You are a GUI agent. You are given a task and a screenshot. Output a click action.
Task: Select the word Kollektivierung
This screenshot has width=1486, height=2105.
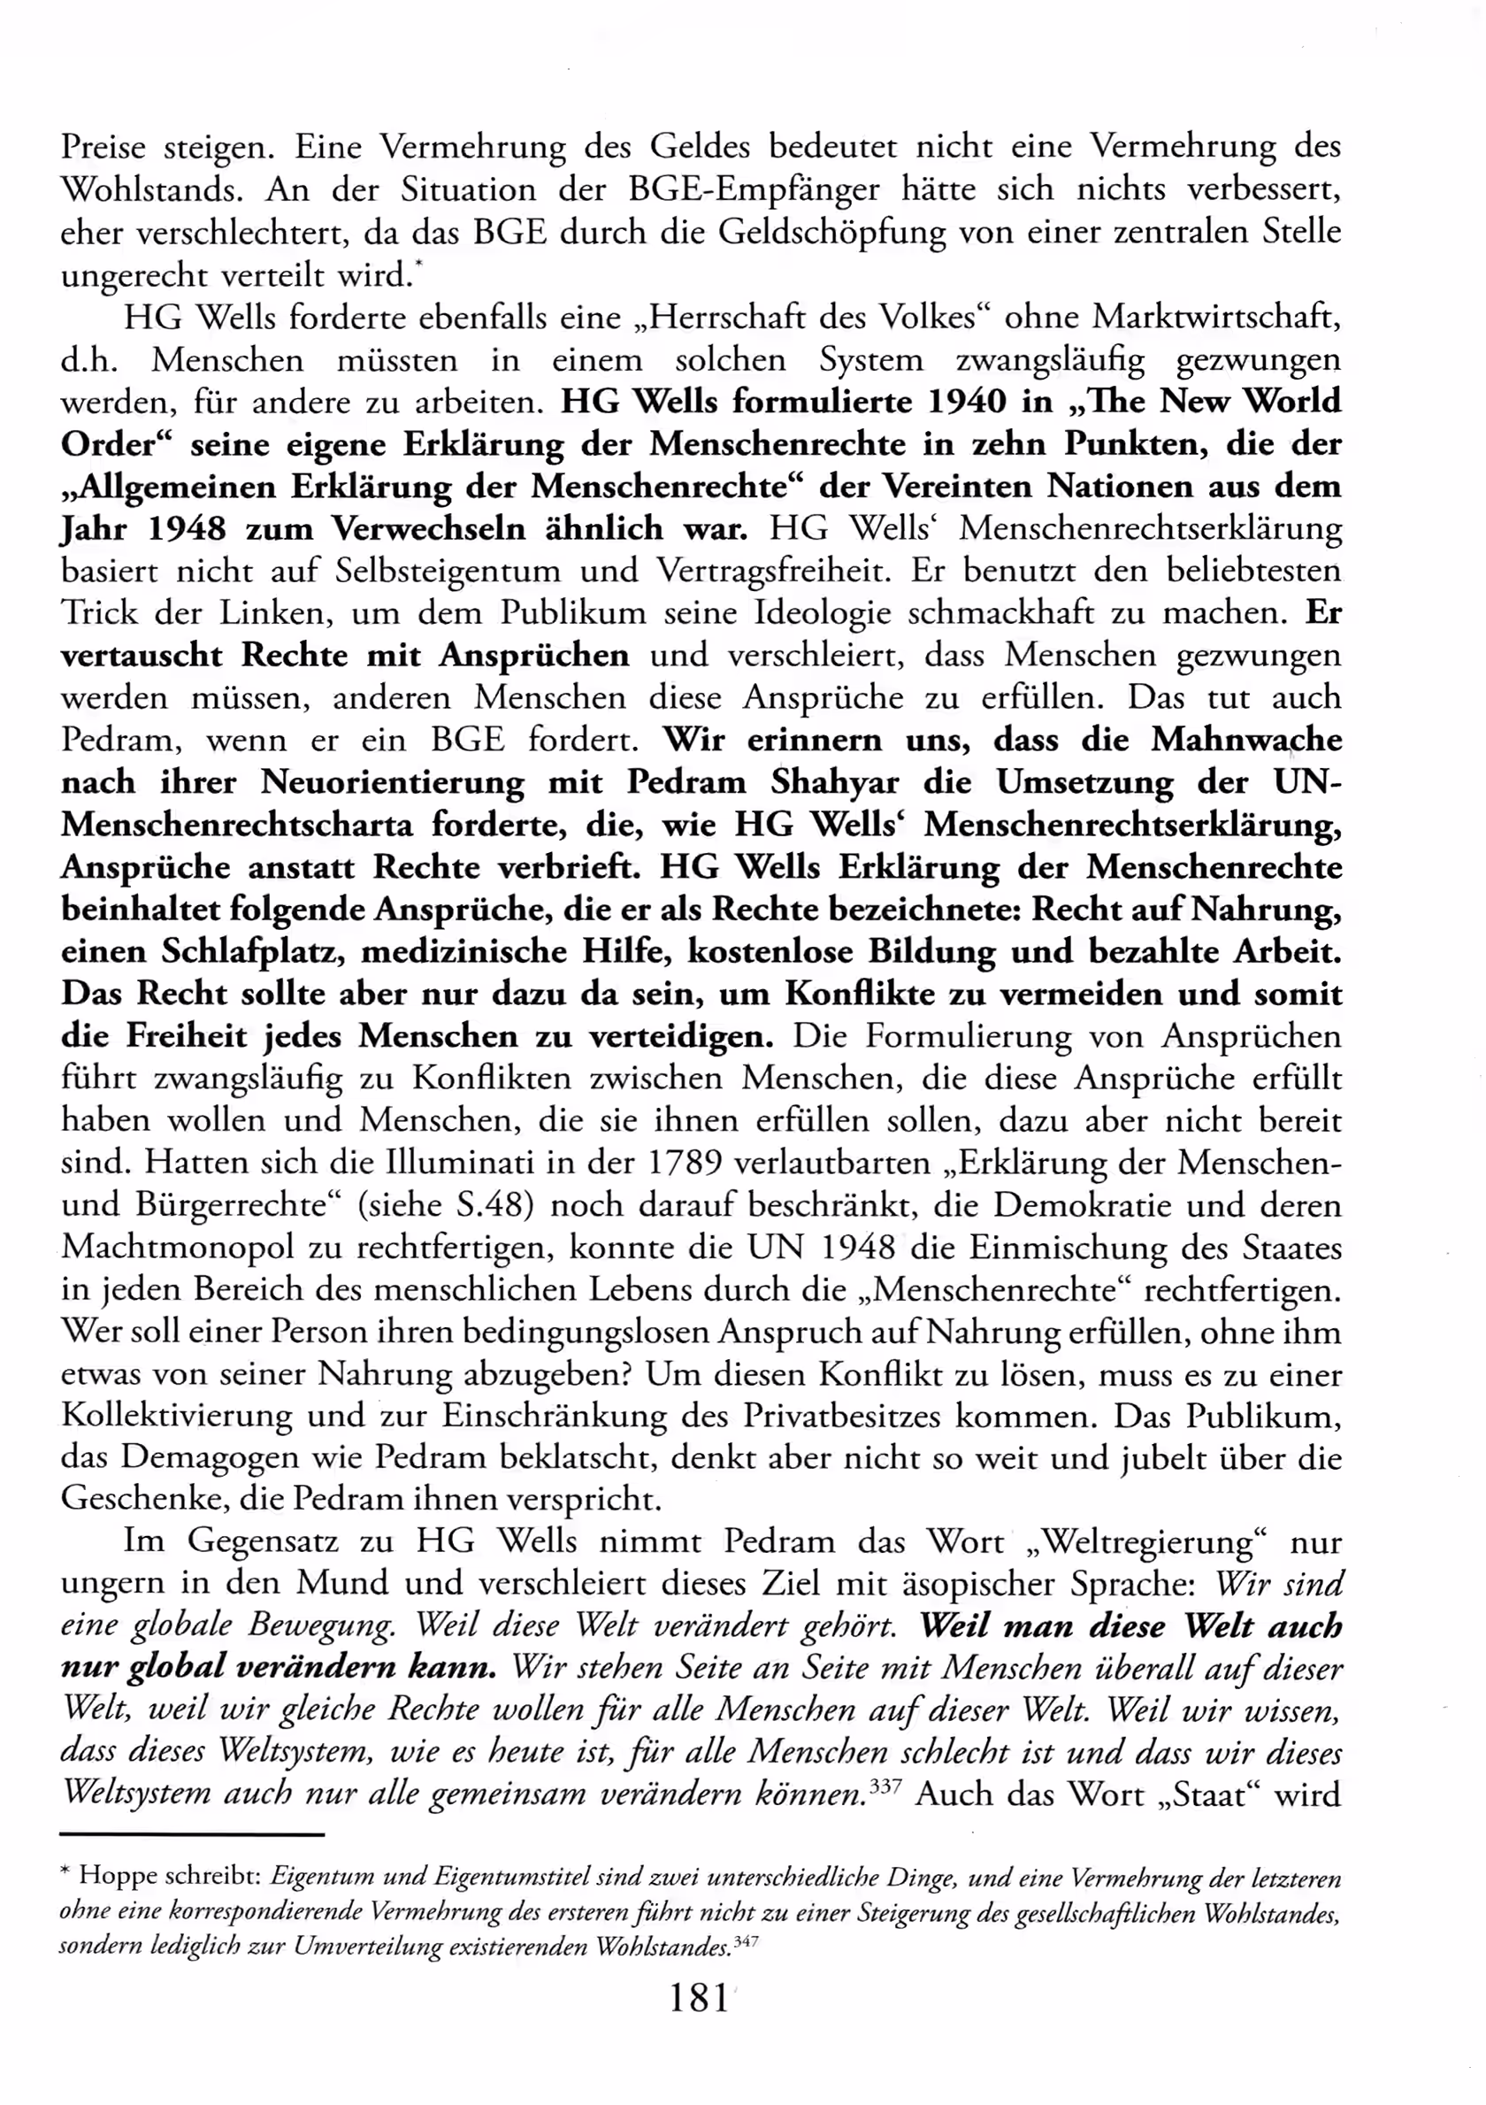pos(176,1416)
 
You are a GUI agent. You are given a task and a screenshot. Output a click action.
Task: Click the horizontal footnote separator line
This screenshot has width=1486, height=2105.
pos(193,1834)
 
